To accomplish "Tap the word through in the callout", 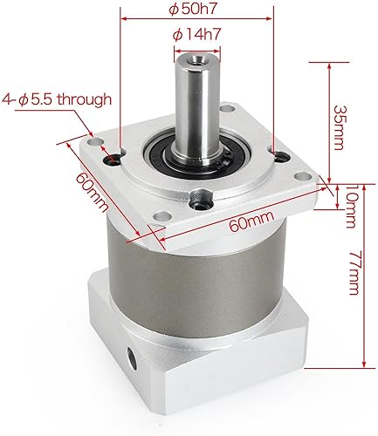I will point(84,99).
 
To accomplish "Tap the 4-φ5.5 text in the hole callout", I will point(32,99).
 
